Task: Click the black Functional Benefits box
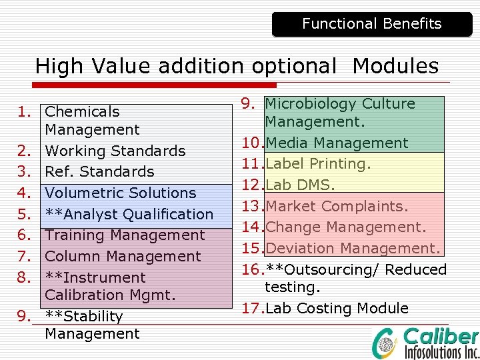(x=371, y=24)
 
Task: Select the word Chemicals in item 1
(x=82, y=112)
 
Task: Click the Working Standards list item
(x=115, y=151)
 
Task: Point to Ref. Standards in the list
(x=99, y=172)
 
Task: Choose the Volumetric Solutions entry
(x=120, y=193)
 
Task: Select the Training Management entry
(x=125, y=235)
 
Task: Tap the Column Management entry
(x=123, y=257)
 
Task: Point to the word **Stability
(x=84, y=316)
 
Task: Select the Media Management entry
(x=337, y=143)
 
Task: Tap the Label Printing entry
(x=317, y=164)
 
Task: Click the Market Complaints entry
(x=337, y=207)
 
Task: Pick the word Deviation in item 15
(x=299, y=249)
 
